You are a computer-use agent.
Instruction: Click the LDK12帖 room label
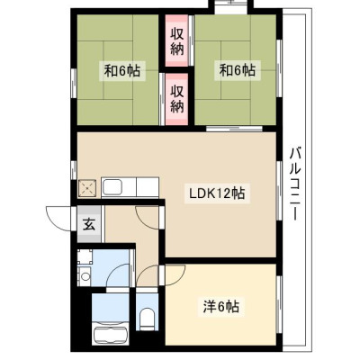[217, 193]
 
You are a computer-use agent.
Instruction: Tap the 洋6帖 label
[221, 307]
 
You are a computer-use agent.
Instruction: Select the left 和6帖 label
[121, 71]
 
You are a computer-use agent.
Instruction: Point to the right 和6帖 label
[238, 71]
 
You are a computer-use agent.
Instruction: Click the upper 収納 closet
[177, 40]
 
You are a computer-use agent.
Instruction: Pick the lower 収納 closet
[177, 99]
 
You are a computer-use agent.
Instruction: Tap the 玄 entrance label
[89, 224]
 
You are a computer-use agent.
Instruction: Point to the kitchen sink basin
[112, 188]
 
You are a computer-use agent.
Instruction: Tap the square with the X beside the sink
[87, 188]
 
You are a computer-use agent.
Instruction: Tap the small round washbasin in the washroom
[85, 276]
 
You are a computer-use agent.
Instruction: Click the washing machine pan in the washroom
[85, 256]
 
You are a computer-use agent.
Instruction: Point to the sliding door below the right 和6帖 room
[234, 129]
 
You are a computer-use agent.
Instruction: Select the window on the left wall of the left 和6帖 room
[74, 83]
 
